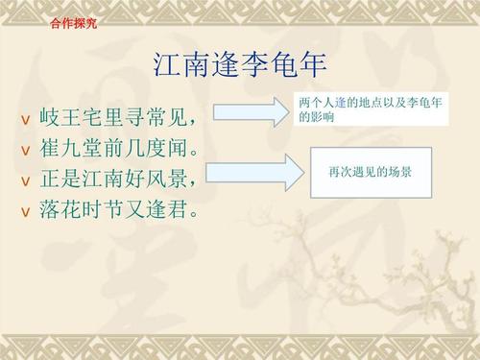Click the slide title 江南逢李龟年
pos(240,65)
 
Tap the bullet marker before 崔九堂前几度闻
pos(25,151)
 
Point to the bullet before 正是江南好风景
pos(25,180)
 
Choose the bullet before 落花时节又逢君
pos(25,209)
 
